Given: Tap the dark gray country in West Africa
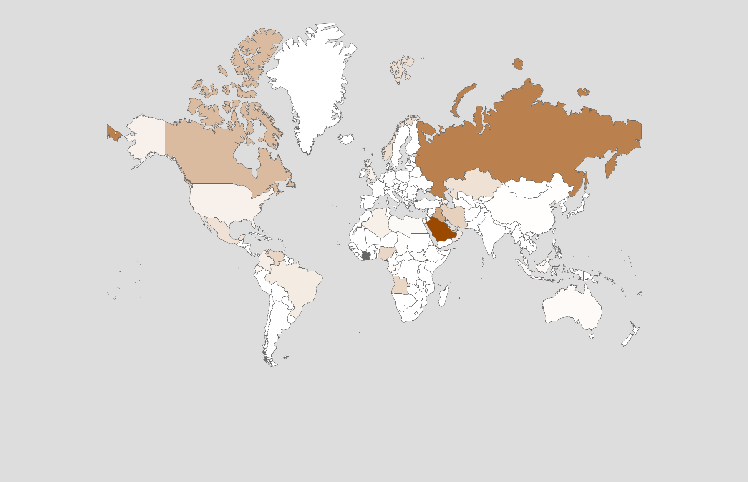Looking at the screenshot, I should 366,256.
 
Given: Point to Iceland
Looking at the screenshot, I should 346,138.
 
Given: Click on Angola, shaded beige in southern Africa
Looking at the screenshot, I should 400,286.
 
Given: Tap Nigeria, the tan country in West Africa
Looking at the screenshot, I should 386,253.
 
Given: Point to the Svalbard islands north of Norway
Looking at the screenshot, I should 401,69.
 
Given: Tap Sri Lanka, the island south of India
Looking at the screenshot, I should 494,255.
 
